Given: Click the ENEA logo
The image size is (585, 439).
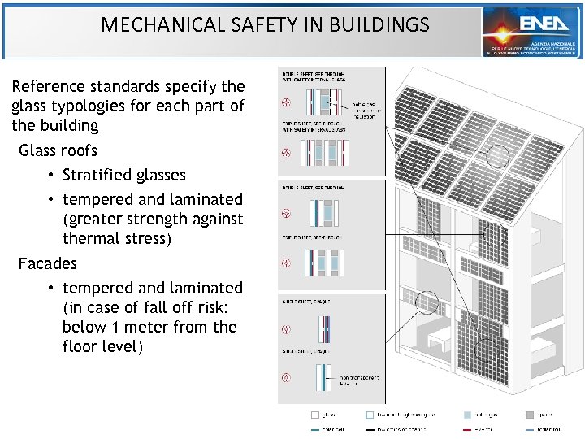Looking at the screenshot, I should [531, 32].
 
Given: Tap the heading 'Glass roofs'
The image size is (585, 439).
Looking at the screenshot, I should [58, 150].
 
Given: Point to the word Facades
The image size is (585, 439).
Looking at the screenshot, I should [48, 263].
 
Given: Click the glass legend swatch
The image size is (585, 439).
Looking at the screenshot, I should [315, 414].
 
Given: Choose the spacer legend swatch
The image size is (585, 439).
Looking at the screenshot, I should [529, 414].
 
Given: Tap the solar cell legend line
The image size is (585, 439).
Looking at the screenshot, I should [315, 429].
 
